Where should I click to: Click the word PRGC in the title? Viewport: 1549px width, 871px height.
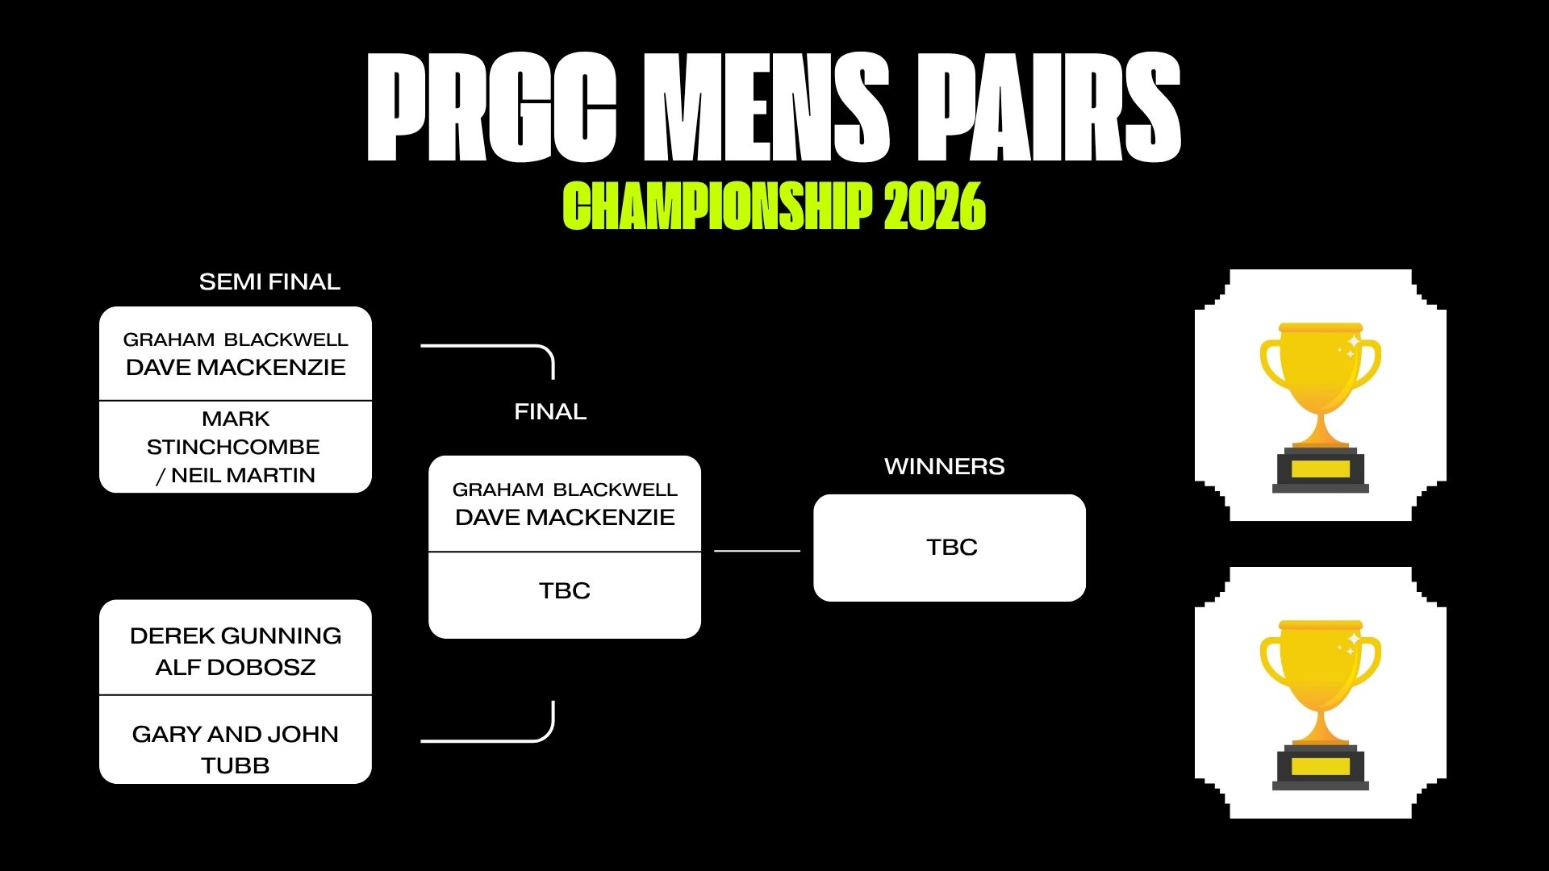pos(491,107)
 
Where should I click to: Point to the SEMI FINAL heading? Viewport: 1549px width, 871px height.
pos(269,281)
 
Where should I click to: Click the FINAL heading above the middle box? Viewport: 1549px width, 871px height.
pos(550,411)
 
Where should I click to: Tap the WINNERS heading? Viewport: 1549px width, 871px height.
pos(945,466)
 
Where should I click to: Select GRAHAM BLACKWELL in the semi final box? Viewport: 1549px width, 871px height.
pos(236,340)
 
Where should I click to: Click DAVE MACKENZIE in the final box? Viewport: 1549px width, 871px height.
pos(565,517)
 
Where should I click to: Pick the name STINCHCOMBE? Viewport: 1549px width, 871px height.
pos(233,447)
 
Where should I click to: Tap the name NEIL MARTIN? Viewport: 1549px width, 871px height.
pos(243,475)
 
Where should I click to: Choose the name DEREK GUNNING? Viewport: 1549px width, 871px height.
pos(236,636)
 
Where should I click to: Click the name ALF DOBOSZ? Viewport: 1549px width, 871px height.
pos(236,667)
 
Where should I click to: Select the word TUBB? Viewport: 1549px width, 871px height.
pos(236,765)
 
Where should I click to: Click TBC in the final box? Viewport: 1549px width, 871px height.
pos(565,590)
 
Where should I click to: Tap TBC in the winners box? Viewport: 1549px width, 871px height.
pos(952,547)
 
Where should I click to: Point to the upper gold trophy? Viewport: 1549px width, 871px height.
pos(1321,407)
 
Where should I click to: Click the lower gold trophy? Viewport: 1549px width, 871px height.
pos(1321,704)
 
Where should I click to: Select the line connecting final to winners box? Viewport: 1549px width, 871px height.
pos(757,551)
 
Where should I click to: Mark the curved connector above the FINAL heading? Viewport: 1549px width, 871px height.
pos(516,346)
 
